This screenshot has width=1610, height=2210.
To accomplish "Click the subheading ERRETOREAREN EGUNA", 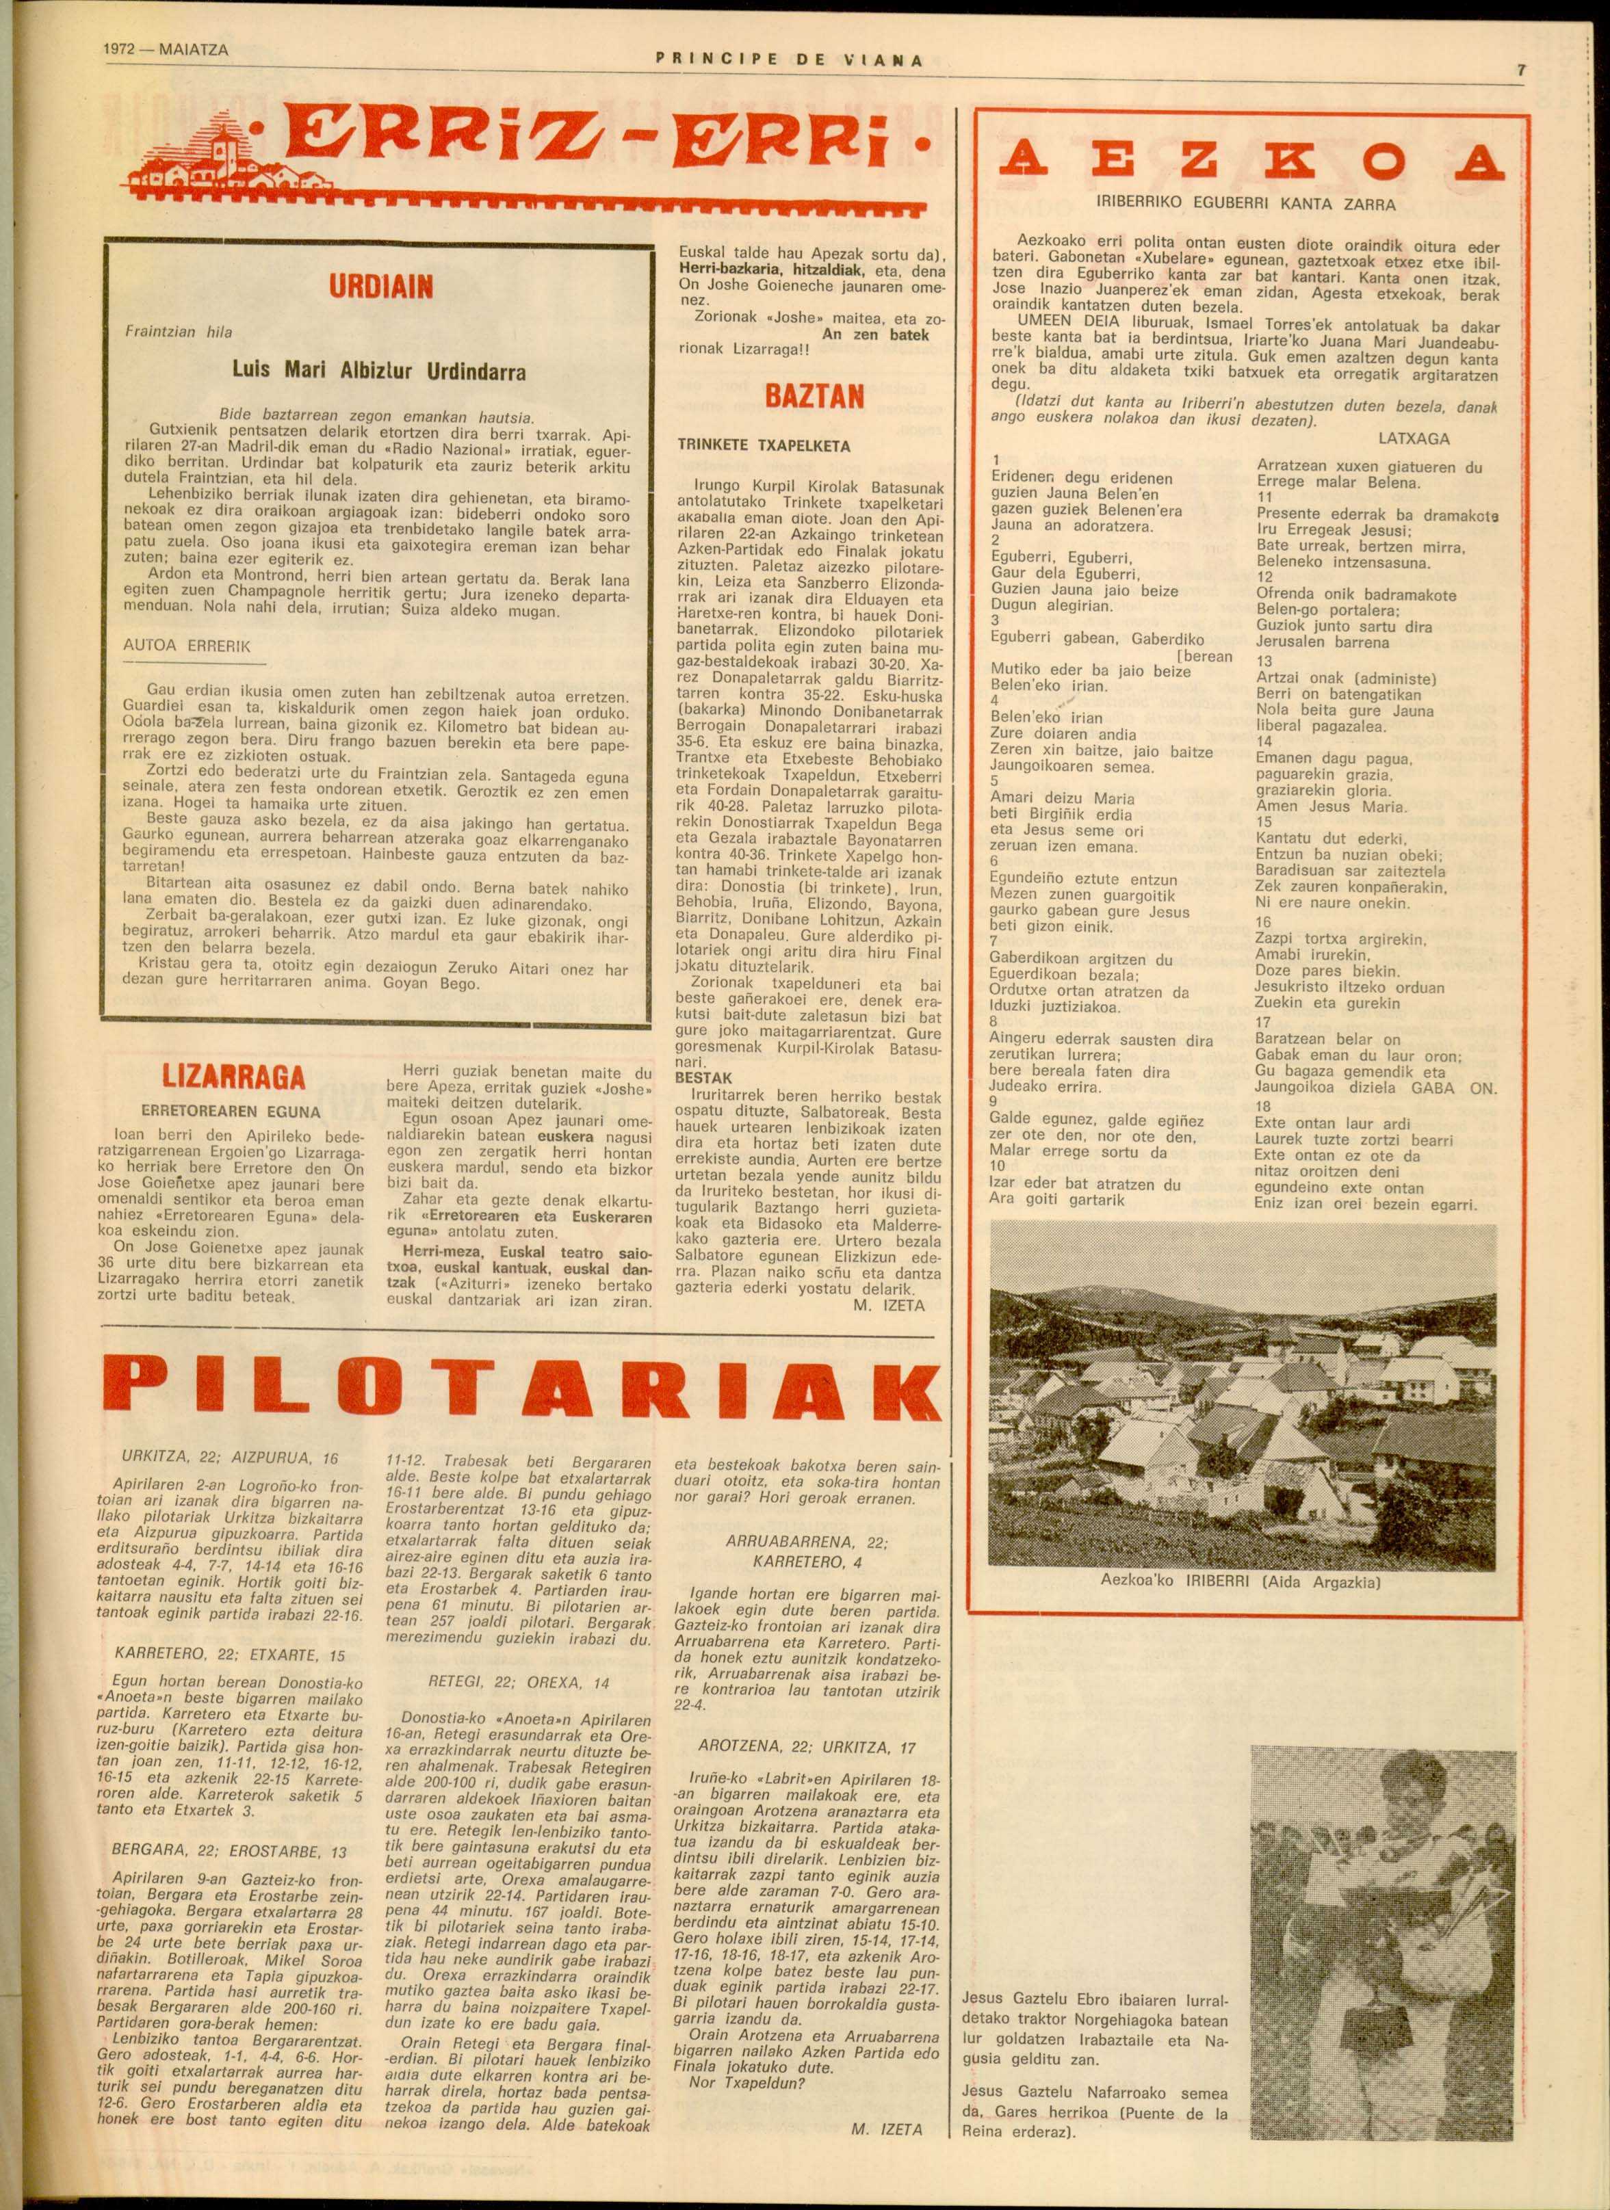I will (231, 1111).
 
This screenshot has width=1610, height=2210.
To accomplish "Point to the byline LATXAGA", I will (1414, 438).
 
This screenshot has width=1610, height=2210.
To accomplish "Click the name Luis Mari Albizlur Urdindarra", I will (379, 371).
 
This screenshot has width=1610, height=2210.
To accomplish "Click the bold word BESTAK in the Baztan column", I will (703, 1079).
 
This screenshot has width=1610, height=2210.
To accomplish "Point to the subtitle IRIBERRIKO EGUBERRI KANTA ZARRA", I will (1245, 206).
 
